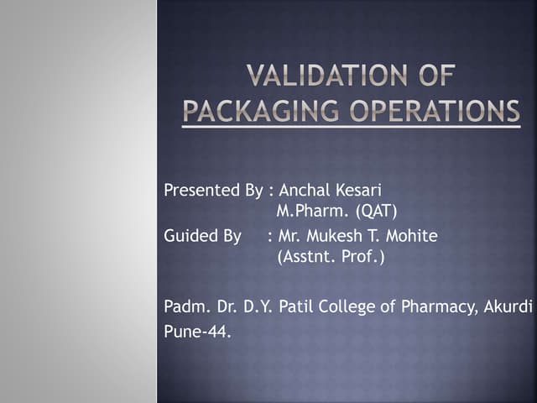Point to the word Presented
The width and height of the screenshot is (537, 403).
[x=197, y=191]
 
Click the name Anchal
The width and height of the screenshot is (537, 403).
[x=305, y=191]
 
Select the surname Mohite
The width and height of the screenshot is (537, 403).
[x=411, y=237]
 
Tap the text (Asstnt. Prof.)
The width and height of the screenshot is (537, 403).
[x=331, y=257]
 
